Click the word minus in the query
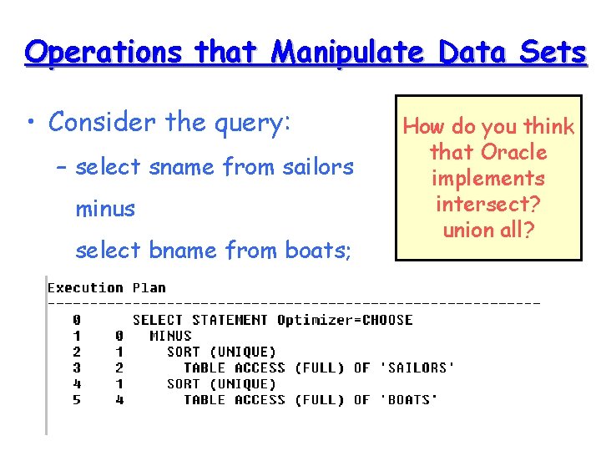coord(105,209)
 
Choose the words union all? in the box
coord(488,230)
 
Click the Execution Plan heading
coord(106,288)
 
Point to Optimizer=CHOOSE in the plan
coord(345,320)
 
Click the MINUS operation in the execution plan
coord(170,336)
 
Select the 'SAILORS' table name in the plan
coord(417,367)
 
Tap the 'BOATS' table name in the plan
coord(409,400)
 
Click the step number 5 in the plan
coord(77,400)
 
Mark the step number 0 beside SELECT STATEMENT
coord(77,320)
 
